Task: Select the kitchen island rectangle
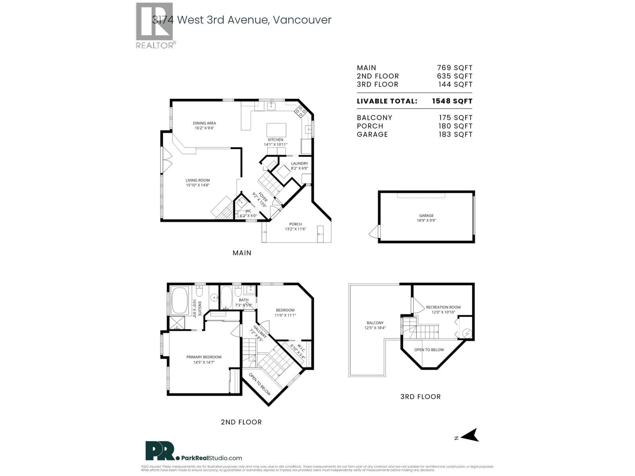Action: click(x=276, y=130)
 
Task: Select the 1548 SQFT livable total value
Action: click(x=452, y=101)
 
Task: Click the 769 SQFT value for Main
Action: click(x=455, y=68)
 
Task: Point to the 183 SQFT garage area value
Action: click(x=455, y=134)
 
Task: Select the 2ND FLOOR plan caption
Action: click(x=241, y=422)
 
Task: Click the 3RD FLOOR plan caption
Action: click(x=420, y=397)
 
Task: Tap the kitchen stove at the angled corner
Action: click(x=300, y=112)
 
